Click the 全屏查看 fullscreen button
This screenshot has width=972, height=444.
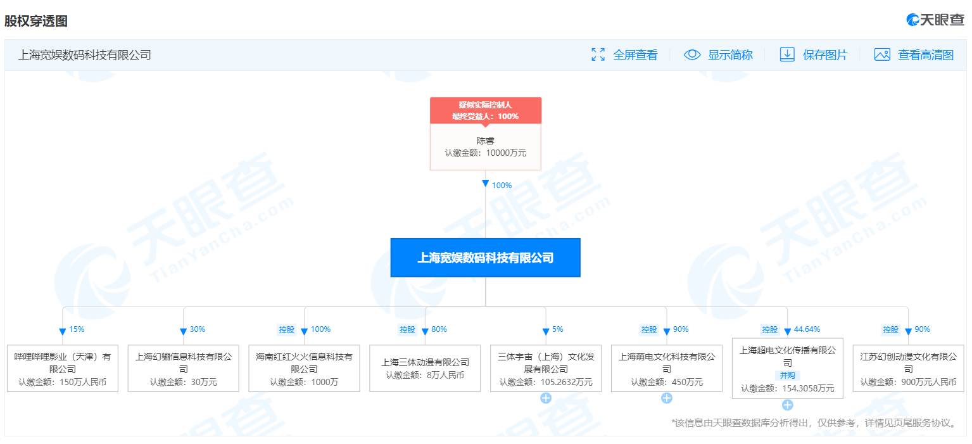624,54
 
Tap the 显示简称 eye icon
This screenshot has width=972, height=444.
692,54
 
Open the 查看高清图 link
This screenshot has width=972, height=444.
914,54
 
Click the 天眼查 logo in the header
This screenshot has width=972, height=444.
935,20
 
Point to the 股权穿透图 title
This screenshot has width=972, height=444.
36,21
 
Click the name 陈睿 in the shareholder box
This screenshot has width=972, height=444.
485,140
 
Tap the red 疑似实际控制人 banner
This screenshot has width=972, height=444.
486,110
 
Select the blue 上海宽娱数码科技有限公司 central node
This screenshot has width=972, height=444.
485,257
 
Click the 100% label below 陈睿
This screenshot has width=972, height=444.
502,186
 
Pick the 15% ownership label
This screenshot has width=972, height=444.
77,329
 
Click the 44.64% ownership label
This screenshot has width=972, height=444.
807,329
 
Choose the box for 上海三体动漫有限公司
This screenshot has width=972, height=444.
425,369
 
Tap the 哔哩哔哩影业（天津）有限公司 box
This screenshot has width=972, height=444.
63,369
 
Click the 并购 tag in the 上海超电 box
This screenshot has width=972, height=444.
787,375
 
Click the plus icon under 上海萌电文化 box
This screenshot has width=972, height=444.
667,398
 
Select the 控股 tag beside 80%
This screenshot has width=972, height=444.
407,330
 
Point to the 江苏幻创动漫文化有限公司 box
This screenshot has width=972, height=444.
908,369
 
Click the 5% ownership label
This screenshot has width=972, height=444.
558,329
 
